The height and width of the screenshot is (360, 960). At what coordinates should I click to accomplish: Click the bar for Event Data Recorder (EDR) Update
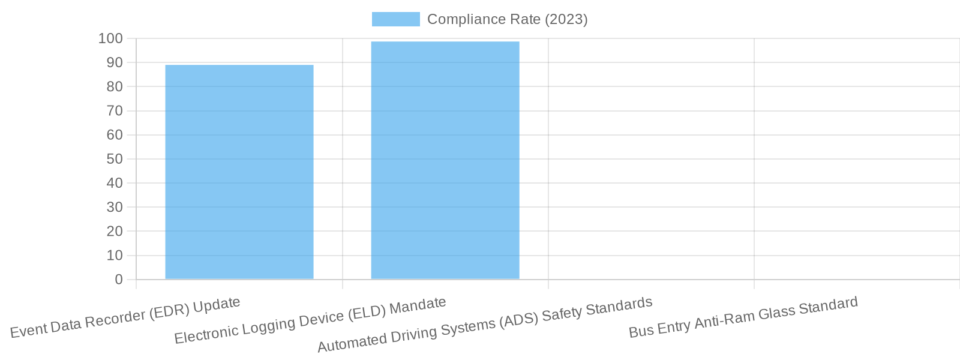pos(239,172)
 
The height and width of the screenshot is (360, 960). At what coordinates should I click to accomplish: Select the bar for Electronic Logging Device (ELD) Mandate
pos(445,160)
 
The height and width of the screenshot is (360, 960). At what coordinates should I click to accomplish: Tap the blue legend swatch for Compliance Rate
pos(395,19)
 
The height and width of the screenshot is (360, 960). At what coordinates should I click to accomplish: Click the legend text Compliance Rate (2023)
pos(507,19)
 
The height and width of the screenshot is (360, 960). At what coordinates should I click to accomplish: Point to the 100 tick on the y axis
pos(110,38)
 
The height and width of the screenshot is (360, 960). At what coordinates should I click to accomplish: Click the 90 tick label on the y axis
pos(114,62)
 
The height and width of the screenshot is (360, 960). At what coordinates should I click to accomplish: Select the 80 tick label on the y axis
pos(114,86)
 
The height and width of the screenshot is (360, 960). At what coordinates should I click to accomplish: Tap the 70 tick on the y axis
pos(114,111)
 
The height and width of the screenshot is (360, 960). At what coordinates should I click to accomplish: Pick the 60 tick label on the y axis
pos(114,135)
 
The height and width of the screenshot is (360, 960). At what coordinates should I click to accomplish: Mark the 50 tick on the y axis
pos(114,159)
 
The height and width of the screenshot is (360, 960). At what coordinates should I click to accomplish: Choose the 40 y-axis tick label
pos(114,183)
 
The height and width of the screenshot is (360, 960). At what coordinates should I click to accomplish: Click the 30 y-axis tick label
pos(114,207)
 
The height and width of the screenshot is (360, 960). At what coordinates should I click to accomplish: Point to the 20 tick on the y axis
pos(114,231)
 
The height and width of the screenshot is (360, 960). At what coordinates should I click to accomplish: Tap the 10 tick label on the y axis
pos(114,256)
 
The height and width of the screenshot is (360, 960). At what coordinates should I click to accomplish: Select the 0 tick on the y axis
pos(118,280)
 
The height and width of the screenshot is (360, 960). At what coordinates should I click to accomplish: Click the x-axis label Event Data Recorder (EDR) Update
pos(125,317)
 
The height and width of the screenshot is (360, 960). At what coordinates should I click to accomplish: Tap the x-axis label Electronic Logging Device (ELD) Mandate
pos(310,320)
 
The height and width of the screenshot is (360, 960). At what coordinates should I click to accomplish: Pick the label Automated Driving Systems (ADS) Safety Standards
pos(485,325)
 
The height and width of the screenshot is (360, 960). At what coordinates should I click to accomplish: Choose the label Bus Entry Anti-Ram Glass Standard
pos(743,317)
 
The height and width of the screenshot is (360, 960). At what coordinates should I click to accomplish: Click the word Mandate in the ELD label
pos(418,307)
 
